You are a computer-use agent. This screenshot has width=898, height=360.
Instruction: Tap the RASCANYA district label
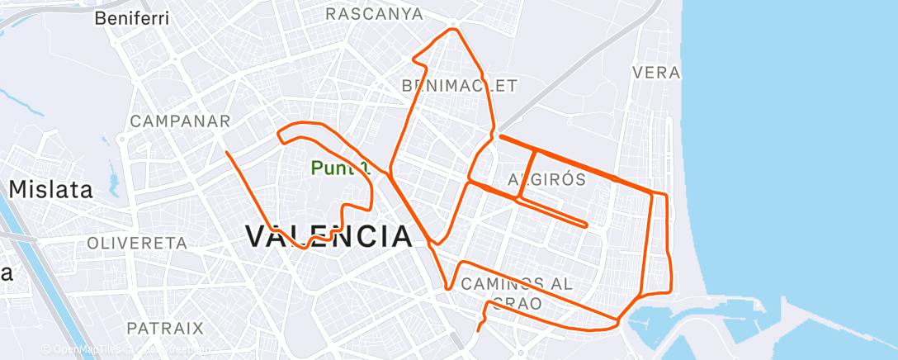click(374, 14)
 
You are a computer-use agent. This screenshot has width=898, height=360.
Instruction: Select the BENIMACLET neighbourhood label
click(459, 86)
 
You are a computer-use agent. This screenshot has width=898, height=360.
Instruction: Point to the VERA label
click(655, 73)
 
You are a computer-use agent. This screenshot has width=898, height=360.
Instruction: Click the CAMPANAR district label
click(180, 121)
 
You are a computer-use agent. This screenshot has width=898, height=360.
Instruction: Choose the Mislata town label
click(50, 189)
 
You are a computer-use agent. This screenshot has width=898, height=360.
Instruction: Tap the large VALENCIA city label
click(329, 237)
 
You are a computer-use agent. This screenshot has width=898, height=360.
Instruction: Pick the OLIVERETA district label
click(137, 244)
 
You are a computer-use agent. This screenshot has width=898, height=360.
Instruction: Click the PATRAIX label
click(165, 328)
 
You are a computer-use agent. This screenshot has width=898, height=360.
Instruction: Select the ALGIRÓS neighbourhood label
click(546, 180)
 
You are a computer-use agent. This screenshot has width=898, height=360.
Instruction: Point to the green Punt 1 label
click(338, 168)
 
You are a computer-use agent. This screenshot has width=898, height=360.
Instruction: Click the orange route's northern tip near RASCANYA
click(451, 31)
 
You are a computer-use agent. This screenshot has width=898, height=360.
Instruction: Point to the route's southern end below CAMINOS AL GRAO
click(478, 330)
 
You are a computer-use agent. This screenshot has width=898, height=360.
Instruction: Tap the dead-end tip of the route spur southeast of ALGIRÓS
click(586, 225)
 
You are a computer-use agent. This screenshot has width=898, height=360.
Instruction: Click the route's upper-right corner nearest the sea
click(664, 195)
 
